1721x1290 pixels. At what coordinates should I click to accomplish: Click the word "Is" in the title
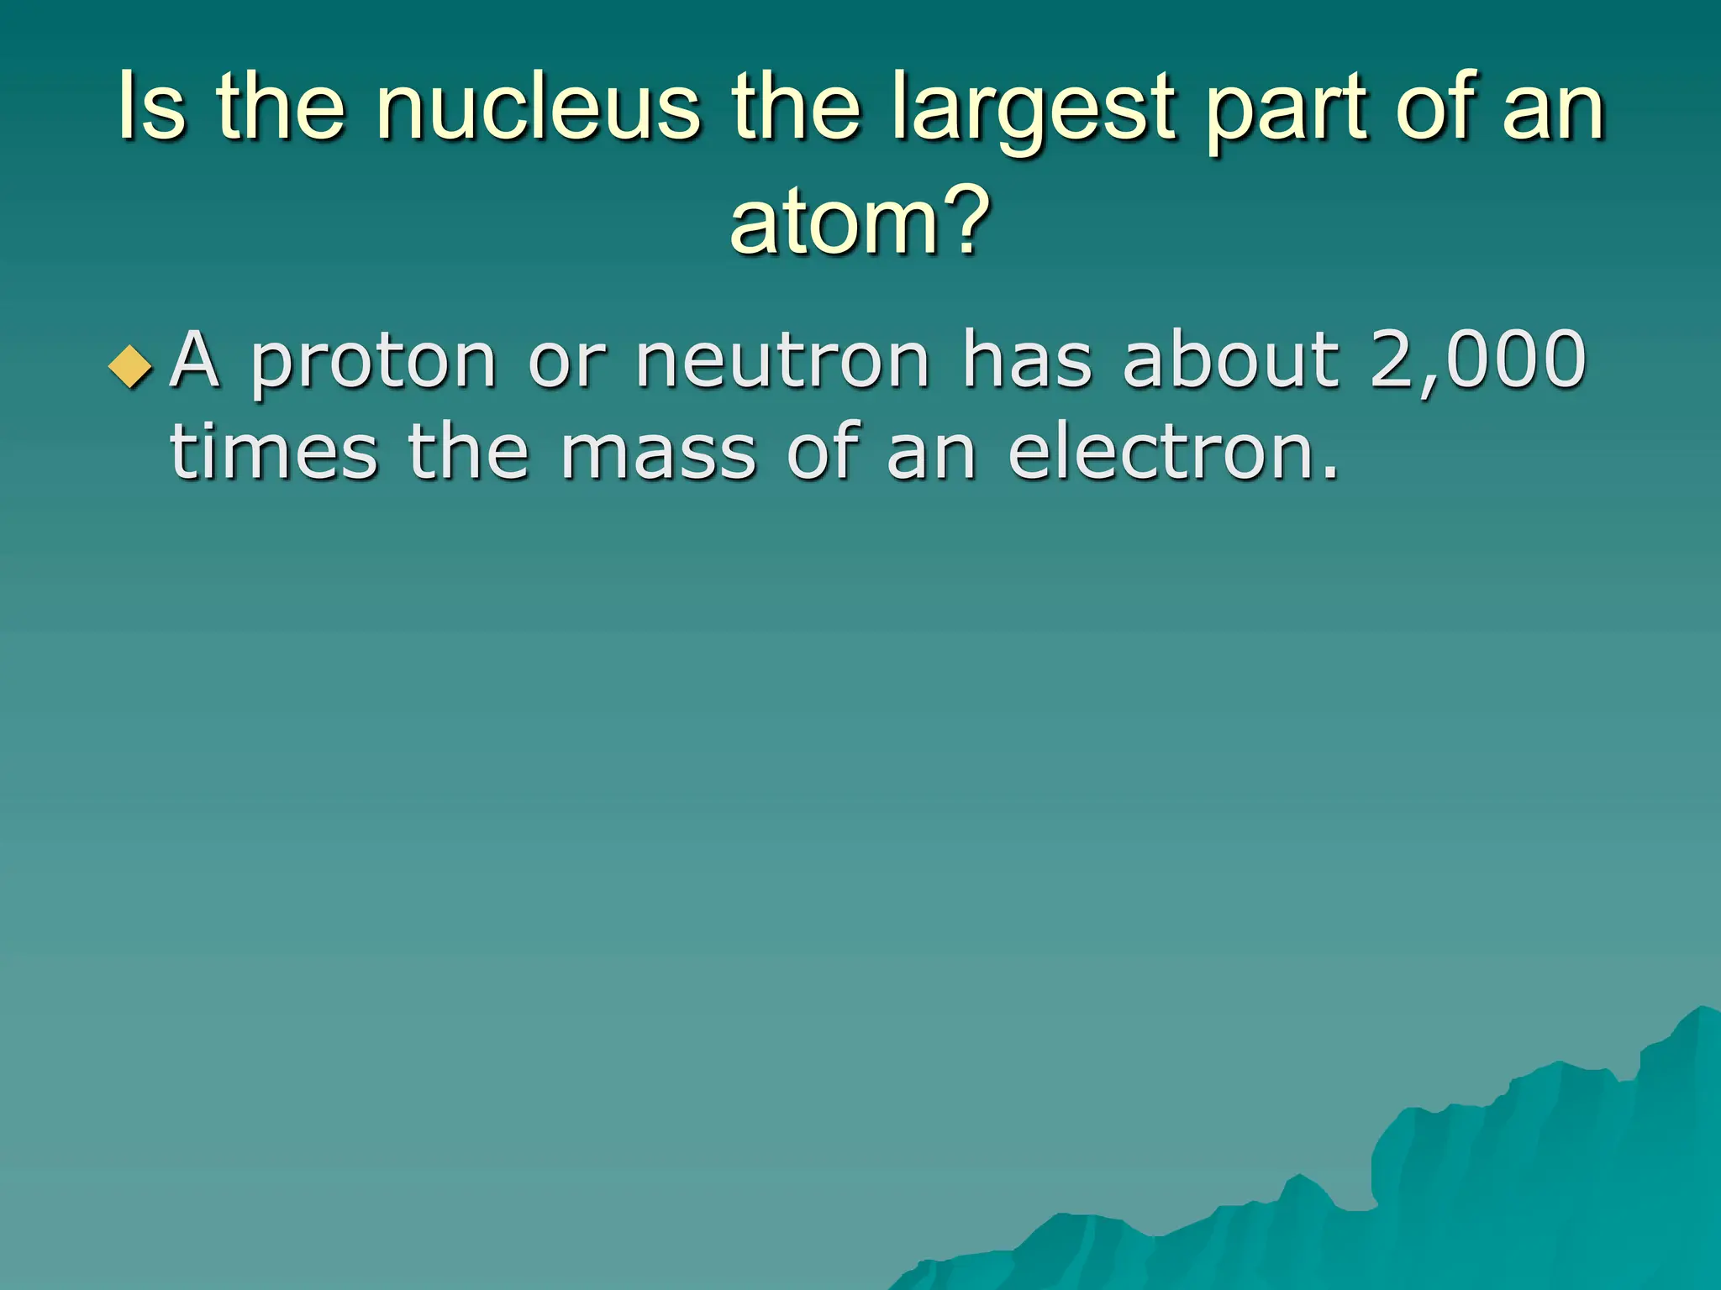tap(151, 107)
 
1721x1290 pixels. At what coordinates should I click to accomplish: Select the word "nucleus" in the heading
tap(538, 107)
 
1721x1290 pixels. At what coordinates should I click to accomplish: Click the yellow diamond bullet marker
tap(131, 366)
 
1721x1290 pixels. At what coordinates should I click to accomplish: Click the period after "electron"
tap(1329, 475)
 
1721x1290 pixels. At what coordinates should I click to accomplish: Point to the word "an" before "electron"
tap(931, 454)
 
